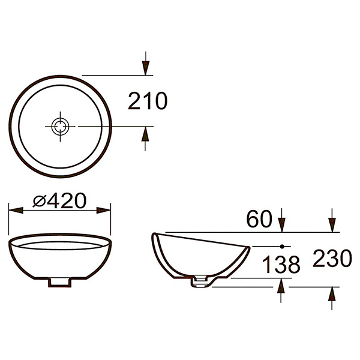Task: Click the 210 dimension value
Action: coord(148,101)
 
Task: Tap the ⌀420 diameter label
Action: coord(60,201)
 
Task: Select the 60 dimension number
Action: coord(259,220)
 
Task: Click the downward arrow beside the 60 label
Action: coord(282,224)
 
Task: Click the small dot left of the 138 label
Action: coord(281,246)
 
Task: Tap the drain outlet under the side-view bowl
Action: coord(200,281)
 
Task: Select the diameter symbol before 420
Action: coord(39,201)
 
